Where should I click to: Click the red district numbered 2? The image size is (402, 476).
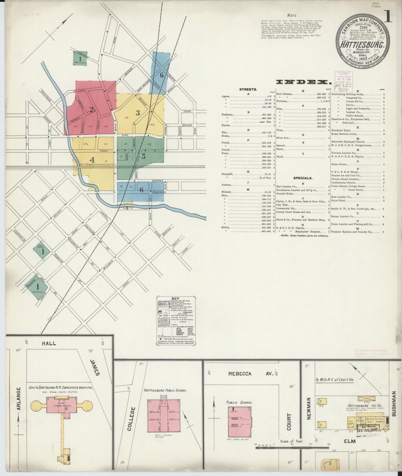[91, 110]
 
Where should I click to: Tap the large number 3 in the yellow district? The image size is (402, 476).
[137, 113]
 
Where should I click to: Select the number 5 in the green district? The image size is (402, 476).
[143, 156]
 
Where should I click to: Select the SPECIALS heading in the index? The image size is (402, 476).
[303, 178]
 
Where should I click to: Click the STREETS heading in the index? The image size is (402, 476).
[248, 90]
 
